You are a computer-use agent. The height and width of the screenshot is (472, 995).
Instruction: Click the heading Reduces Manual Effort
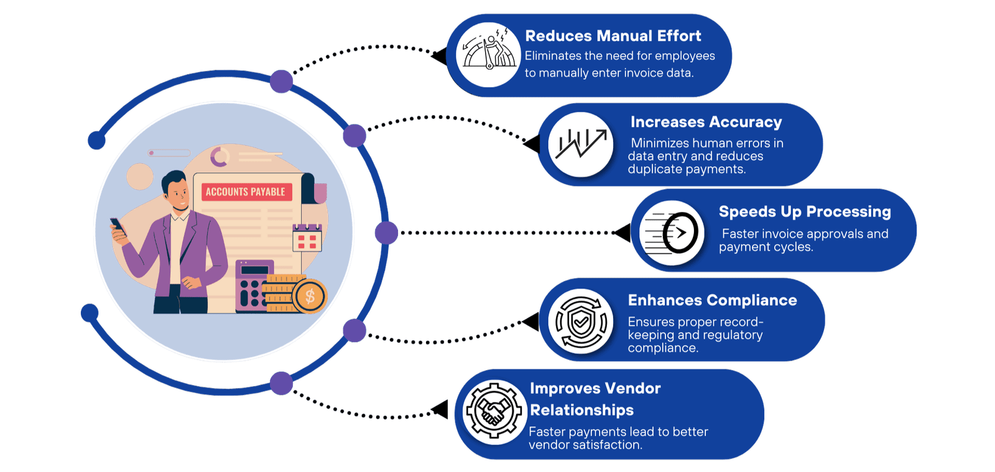click(613, 36)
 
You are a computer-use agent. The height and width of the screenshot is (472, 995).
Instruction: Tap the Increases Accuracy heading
click(706, 123)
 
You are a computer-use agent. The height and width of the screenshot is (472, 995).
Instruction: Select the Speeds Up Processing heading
click(804, 212)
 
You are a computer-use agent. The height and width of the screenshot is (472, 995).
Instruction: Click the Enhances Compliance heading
click(712, 300)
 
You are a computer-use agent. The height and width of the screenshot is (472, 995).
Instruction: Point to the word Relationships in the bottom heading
click(581, 410)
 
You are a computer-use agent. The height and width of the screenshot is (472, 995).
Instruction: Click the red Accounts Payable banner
click(245, 192)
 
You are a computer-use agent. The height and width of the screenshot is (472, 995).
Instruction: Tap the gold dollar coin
click(310, 297)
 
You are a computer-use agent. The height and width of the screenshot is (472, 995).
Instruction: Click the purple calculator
click(252, 286)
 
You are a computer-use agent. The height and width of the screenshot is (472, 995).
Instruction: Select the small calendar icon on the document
click(307, 238)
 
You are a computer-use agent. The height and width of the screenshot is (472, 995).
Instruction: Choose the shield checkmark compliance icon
click(581, 322)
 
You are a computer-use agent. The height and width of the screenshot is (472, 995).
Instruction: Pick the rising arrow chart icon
click(581, 144)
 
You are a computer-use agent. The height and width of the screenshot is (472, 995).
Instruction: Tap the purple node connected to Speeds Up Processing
click(386, 233)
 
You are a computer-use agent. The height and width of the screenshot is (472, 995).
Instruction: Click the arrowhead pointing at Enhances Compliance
click(532, 322)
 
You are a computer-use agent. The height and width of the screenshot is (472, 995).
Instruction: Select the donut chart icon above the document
click(219, 157)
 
